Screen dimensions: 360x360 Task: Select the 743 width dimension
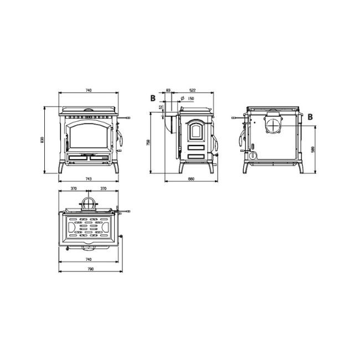(88, 178)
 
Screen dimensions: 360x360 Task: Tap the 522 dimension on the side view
(192, 90)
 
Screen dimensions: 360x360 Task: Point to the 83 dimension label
(168, 90)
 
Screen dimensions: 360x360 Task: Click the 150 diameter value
(191, 99)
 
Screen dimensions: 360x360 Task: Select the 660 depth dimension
(191, 178)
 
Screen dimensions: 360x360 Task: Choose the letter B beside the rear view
(310, 116)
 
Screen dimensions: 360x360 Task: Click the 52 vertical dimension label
(161, 106)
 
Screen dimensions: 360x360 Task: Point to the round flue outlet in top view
(88, 203)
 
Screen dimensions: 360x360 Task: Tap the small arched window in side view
(194, 132)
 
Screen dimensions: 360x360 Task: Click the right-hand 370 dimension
(103, 188)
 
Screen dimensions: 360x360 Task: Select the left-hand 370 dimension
(74, 188)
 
